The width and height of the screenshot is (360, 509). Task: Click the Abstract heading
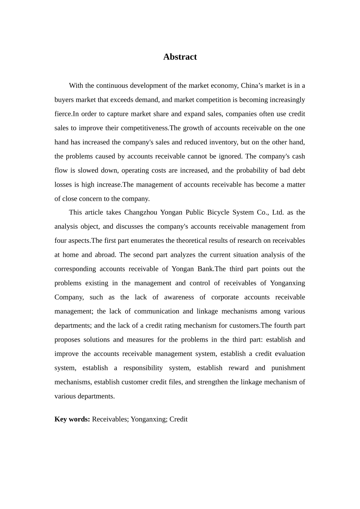coord(180,57)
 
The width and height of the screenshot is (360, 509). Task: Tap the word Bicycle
coord(217,212)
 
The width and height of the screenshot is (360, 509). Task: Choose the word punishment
coord(288,368)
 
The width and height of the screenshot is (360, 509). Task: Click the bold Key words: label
coord(72,419)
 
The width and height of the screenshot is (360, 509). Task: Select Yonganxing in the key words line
coord(148,419)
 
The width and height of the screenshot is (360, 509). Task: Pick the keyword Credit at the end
coord(178,419)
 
